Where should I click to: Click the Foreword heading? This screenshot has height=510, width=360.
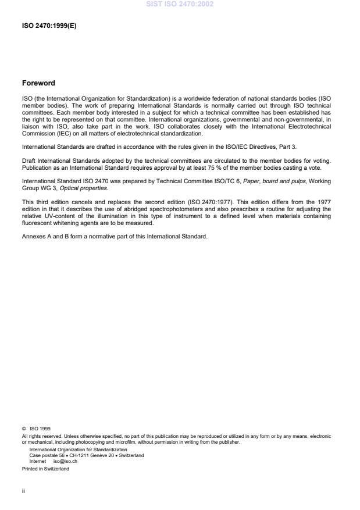(38, 83)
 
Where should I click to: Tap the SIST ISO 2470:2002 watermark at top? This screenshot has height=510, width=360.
(180, 4)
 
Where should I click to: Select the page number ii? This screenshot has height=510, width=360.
(23, 490)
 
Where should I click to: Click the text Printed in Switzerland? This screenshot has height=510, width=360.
(45, 469)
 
